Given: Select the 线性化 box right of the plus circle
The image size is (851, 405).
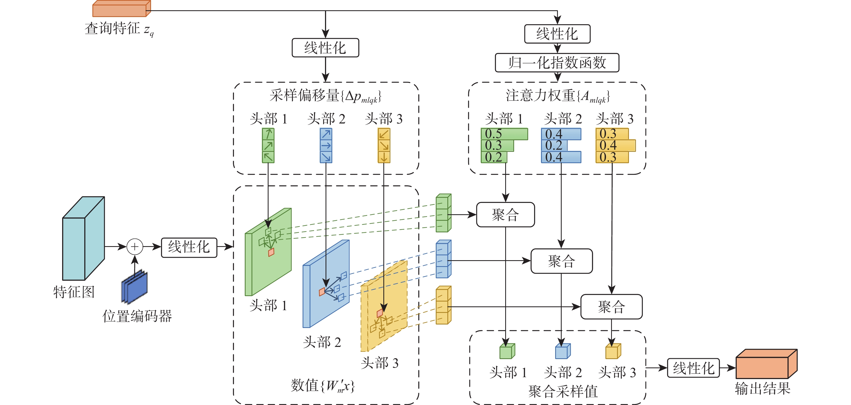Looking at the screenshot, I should (189, 247).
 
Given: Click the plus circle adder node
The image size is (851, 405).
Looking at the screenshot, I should (135, 247).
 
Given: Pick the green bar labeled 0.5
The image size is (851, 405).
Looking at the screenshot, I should (504, 134).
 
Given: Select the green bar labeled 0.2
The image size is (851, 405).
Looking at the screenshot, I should (494, 157).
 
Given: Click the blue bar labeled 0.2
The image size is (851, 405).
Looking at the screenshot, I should (554, 145).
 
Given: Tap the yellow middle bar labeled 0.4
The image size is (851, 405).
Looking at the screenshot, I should (615, 145).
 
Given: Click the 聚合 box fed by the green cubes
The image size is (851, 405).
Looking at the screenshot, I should (505, 215).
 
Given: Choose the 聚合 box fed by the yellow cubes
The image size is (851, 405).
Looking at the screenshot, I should (611, 307).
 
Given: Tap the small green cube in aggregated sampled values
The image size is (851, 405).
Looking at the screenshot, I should (507, 351).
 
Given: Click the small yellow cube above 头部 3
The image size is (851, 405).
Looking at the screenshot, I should (613, 351).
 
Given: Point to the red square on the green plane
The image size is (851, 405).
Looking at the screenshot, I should (271, 252).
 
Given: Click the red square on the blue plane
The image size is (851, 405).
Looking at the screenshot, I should (322, 292).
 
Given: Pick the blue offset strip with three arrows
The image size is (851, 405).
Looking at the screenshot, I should (326, 146).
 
